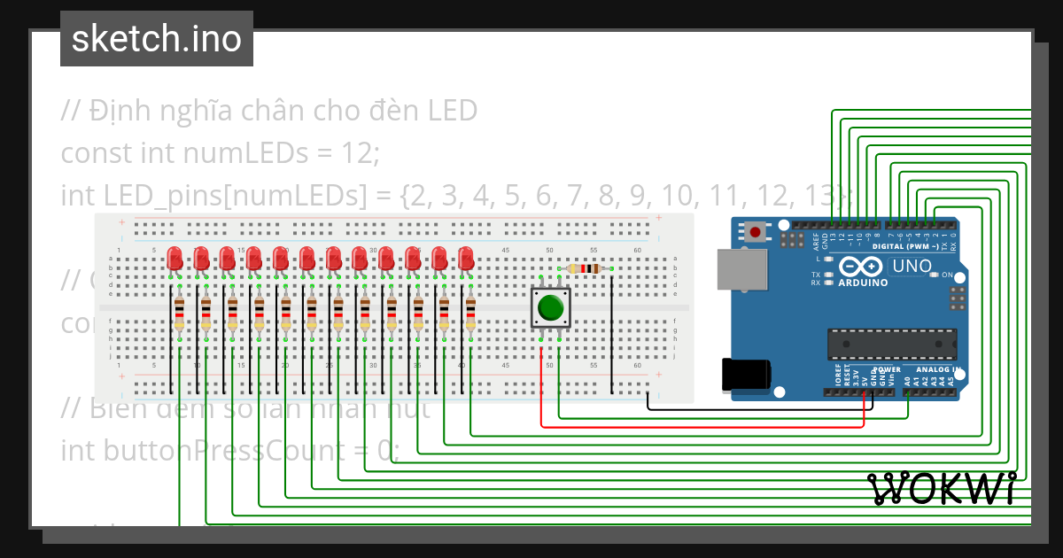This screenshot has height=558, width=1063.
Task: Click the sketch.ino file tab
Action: point(157,39)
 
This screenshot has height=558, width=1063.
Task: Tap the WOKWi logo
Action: point(941,489)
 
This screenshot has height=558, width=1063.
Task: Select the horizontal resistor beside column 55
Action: point(583,268)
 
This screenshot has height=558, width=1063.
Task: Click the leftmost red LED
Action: point(175,259)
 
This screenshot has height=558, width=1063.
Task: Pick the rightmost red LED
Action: point(466,259)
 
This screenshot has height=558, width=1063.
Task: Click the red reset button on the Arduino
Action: point(755,233)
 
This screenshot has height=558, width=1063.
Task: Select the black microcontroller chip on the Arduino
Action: point(892,343)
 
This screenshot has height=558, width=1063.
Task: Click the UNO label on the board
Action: point(911,266)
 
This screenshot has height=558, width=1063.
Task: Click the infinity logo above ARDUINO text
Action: point(857,266)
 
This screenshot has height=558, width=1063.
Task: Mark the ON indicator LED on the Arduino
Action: point(934,275)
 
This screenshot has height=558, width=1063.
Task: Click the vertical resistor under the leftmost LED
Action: point(179,314)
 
